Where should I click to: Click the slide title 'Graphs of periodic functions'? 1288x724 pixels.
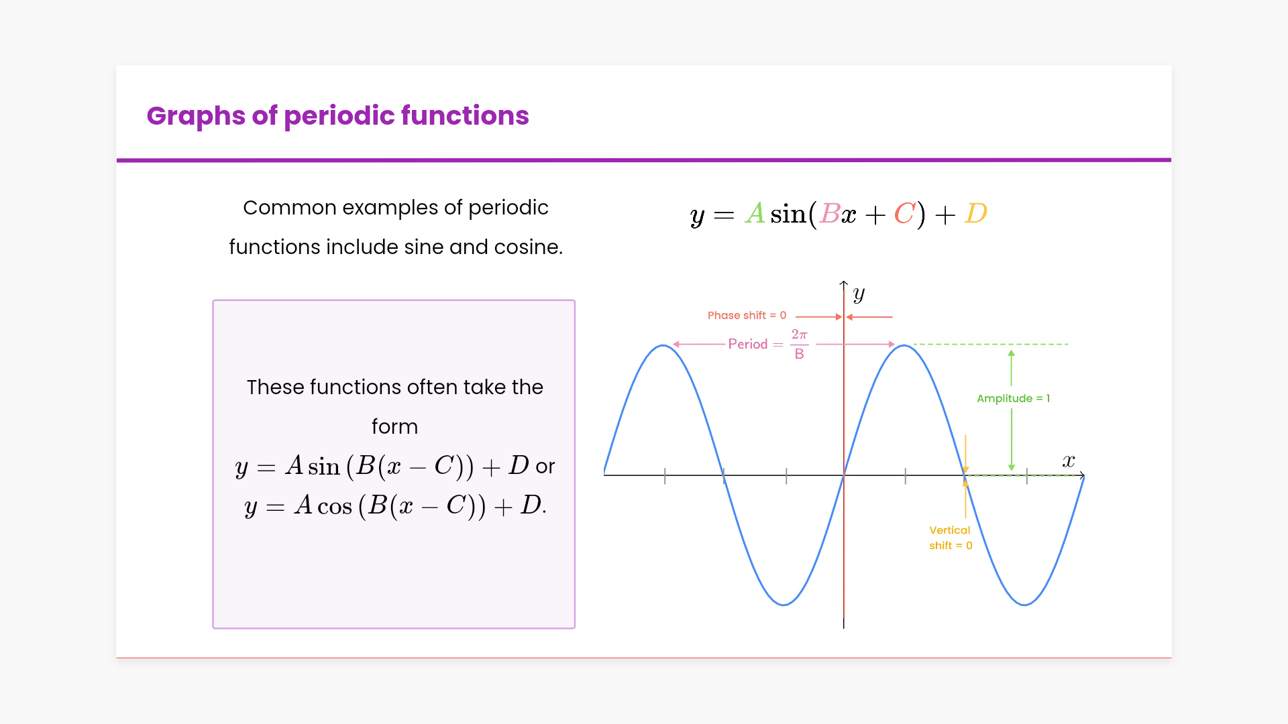(x=337, y=116)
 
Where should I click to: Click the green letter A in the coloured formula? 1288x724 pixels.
(x=755, y=214)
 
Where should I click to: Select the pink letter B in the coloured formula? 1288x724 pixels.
(x=830, y=214)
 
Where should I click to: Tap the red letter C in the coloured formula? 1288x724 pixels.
(x=905, y=214)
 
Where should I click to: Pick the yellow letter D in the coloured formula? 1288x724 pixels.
(x=976, y=214)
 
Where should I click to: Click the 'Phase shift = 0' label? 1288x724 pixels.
(x=747, y=315)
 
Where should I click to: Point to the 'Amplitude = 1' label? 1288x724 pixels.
(x=1013, y=398)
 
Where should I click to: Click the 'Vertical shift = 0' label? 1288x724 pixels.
(x=951, y=538)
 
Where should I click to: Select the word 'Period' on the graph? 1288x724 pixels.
(x=747, y=344)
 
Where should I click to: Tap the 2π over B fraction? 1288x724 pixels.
(x=799, y=344)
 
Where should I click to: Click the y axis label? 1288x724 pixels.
(x=859, y=294)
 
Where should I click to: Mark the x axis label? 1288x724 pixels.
(x=1069, y=461)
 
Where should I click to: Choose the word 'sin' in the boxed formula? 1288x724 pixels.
(x=324, y=466)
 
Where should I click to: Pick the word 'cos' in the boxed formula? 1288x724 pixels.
(x=335, y=505)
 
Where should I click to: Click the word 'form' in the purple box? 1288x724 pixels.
(x=394, y=426)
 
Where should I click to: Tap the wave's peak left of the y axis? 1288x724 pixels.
(x=663, y=345)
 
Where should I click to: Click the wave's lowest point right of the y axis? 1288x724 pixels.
(x=1024, y=604)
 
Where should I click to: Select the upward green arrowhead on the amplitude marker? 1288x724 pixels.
(x=1011, y=353)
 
